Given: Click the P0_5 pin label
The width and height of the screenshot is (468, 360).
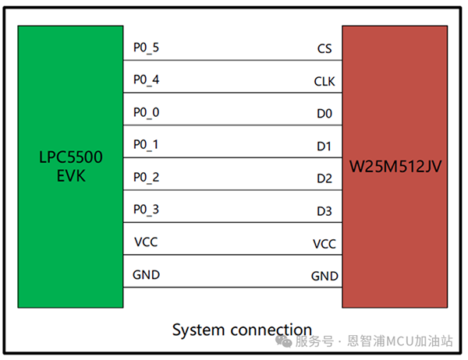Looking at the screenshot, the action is tap(146, 48).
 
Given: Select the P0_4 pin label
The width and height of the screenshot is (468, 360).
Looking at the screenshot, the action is tap(146, 80).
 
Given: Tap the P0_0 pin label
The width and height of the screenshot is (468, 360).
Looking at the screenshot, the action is tap(146, 112).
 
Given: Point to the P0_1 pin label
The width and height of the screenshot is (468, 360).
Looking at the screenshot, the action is tap(146, 145).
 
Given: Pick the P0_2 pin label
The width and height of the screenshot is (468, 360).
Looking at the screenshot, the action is tap(146, 178).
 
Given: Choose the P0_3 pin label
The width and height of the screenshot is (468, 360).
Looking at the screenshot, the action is tap(146, 210).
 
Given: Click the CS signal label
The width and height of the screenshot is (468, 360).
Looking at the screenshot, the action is tap(324, 48).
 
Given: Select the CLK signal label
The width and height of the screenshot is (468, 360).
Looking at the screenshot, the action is tap(324, 81).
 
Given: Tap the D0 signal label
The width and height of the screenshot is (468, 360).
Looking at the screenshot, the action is tap(324, 114).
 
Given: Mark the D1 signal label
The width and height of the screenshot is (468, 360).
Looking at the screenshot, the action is tap(324, 146).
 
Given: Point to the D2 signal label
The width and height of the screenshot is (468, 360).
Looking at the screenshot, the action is tap(324, 178).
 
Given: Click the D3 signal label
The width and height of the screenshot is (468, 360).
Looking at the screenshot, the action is tap(324, 211).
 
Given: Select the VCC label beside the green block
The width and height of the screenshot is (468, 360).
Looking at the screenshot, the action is tap(146, 242).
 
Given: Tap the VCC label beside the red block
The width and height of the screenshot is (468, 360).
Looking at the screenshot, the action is tap(324, 244).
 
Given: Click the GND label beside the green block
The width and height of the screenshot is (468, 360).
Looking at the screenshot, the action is tap(147, 275).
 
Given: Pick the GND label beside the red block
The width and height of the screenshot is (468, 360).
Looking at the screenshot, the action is tap(324, 276).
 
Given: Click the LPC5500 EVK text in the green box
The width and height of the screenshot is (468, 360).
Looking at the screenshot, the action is tap(71, 166).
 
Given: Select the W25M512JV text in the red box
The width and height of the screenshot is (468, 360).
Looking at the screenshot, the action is tap(395, 166).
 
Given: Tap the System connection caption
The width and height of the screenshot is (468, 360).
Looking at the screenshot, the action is tap(242, 330).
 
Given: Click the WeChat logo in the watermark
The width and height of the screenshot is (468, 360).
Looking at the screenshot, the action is tap(284, 341).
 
